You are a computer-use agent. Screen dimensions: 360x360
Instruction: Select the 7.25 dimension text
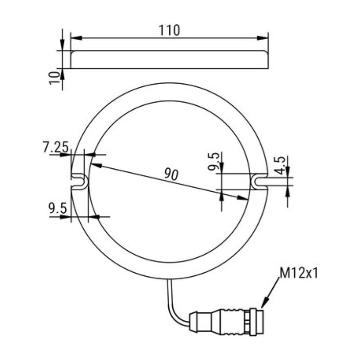click(55, 147)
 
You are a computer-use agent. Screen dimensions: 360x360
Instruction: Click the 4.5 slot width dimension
click(279, 165)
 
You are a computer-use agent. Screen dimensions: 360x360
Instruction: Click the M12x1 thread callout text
click(298, 273)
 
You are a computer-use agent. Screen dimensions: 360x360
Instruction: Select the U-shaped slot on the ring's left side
click(79, 181)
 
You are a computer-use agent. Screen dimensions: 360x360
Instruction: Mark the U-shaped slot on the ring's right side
click(259, 181)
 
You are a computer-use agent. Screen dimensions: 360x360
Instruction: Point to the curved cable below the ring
click(173, 306)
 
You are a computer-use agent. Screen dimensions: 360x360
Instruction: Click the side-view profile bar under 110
click(170, 60)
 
